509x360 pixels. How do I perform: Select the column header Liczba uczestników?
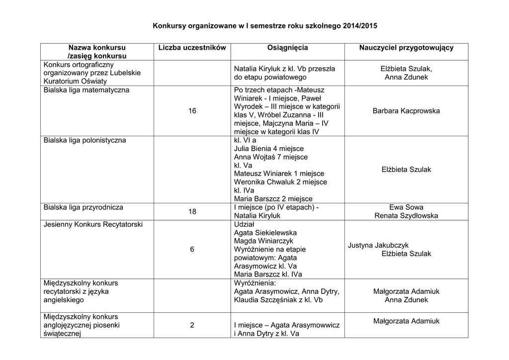192,48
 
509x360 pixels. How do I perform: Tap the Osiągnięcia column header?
287,48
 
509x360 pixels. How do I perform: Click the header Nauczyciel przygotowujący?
406,48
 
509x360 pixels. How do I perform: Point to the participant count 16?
192,111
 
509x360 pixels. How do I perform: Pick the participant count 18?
192,212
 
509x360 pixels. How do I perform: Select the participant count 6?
192,249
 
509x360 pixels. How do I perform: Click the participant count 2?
192,325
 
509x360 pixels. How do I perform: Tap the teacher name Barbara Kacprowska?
406,111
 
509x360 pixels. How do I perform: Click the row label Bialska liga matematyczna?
86,90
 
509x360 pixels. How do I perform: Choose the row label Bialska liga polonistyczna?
85,140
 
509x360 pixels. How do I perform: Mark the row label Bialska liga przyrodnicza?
84,207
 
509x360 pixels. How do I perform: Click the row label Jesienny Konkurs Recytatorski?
93,224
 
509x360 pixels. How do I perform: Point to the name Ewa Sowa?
406,207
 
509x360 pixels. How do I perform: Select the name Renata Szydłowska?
406,216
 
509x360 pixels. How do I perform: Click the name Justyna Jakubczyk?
378,245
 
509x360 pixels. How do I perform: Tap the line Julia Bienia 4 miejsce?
268,149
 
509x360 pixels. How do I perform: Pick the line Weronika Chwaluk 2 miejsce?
280,182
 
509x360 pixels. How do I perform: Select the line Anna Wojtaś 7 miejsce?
270,157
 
